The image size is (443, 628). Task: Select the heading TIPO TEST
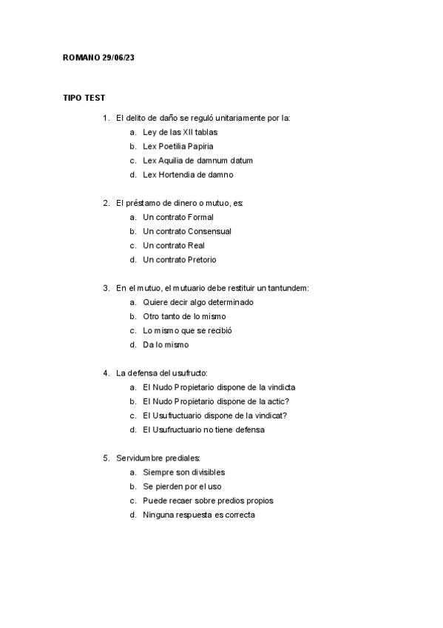tap(84, 98)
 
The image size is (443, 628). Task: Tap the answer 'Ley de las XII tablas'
tap(180, 133)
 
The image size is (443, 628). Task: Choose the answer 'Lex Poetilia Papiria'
tap(178, 147)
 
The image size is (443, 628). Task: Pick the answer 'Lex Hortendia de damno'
tap(188, 175)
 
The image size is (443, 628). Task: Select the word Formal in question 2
tap(200, 218)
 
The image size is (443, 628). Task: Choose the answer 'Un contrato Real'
tap(174, 246)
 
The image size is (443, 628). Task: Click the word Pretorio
tap(202, 260)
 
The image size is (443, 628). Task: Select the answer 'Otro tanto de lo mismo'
tap(184, 317)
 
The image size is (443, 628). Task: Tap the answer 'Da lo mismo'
tap(166, 345)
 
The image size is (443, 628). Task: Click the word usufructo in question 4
tap(191, 373)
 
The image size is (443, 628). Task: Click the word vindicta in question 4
tap(281, 387)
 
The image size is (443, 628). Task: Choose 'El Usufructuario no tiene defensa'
tap(204, 430)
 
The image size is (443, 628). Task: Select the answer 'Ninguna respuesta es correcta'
tap(198, 515)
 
